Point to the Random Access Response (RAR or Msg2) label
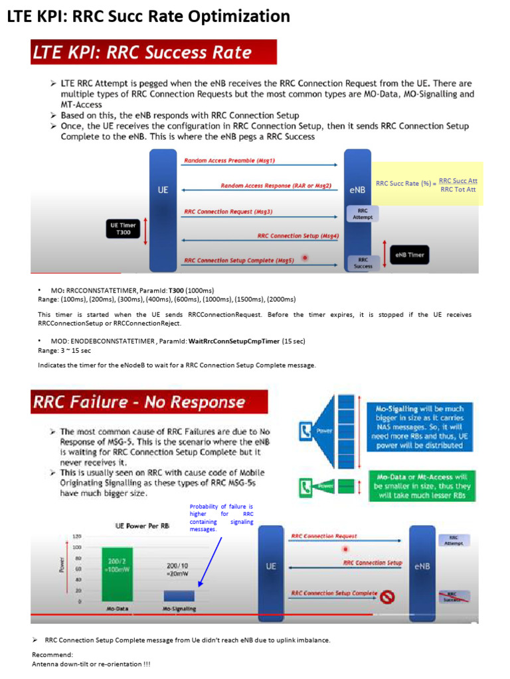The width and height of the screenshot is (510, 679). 276,186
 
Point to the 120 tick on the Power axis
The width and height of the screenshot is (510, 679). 76,536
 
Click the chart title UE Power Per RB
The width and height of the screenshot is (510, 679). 142,526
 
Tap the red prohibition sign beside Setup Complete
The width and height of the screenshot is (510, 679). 388,597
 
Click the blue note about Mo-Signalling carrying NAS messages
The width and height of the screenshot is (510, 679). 420,428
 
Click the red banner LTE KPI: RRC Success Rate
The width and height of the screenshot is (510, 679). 153,52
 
